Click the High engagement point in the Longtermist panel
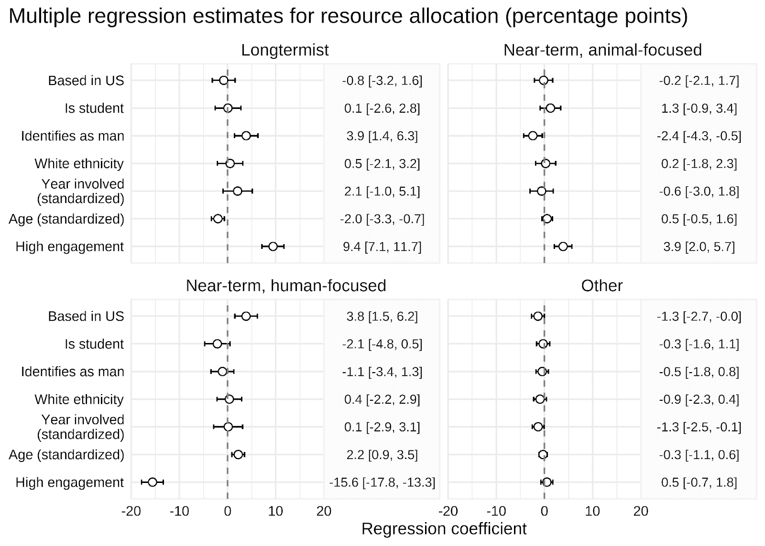[273, 246]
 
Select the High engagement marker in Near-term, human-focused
[153, 482]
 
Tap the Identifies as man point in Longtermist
[246, 136]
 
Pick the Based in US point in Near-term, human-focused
[246, 316]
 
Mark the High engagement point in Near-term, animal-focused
[563, 246]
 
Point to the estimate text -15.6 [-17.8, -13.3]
[382, 482]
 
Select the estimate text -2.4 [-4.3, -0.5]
[699, 136]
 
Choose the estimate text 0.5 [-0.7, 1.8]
[699, 482]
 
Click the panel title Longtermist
[285, 50]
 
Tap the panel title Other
[602, 286]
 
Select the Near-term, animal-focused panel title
[602, 50]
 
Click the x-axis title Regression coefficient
[444, 529]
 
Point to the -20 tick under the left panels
[131, 512]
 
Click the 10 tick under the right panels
[592, 512]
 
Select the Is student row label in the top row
[94, 108]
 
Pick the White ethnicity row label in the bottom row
[79, 399]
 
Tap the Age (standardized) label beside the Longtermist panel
[66, 219]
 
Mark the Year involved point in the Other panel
[538, 427]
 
